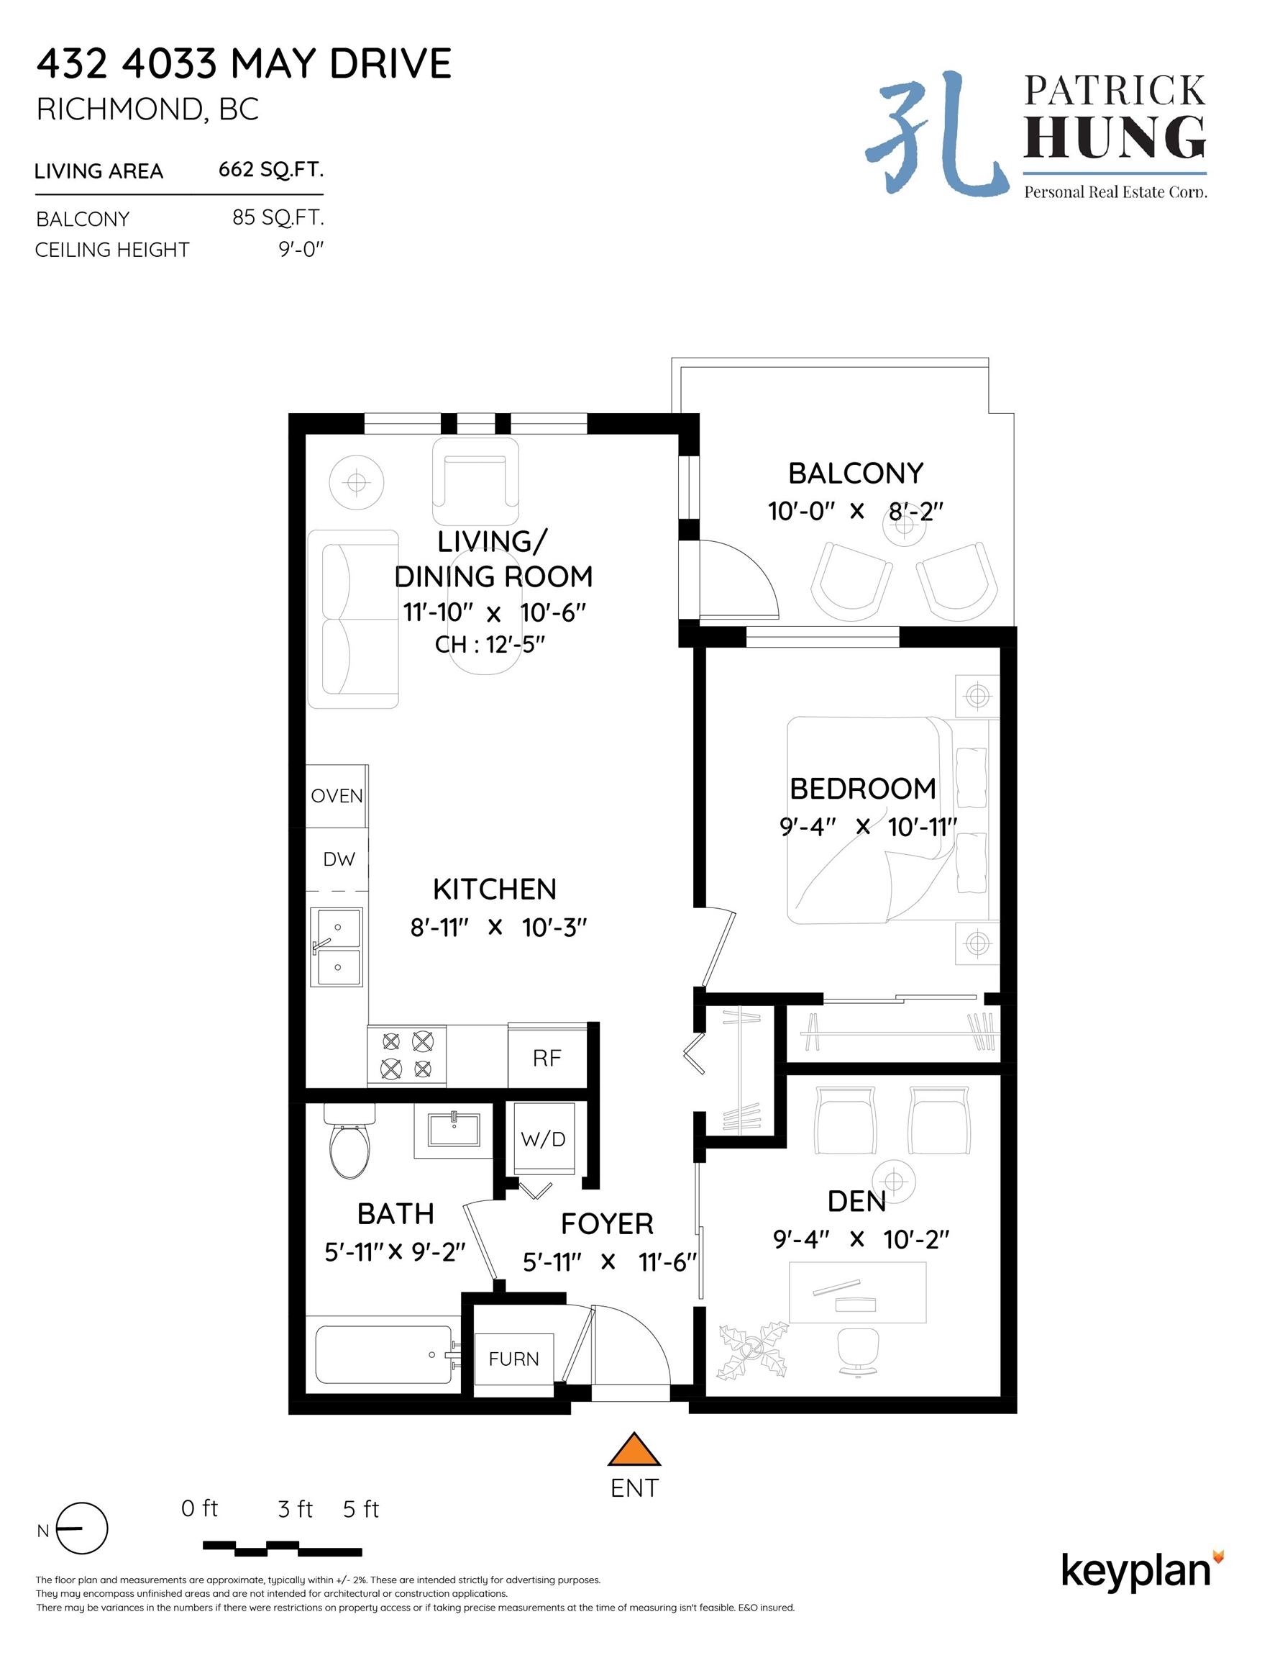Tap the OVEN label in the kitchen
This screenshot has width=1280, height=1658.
pos(337,796)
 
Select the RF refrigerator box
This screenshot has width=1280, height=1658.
pos(547,1056)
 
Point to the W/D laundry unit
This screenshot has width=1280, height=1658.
pos(543,1139)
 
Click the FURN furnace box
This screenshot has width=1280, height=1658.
pos(513,1359)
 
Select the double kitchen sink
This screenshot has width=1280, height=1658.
pos(336,947)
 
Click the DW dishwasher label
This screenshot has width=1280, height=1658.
pos(339,859)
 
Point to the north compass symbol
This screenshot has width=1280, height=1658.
pos(82,1528)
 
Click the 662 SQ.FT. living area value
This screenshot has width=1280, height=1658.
pos(271,169)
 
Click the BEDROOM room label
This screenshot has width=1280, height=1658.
pos(863,789)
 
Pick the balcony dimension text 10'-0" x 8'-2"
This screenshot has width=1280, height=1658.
pos(855,511)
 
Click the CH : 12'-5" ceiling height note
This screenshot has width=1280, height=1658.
pos(490,645)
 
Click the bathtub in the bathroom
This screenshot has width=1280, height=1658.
pos(387,1354)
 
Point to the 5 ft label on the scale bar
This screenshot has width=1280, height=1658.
pos(360,1508)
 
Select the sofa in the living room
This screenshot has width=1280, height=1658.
pos(353,619)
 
